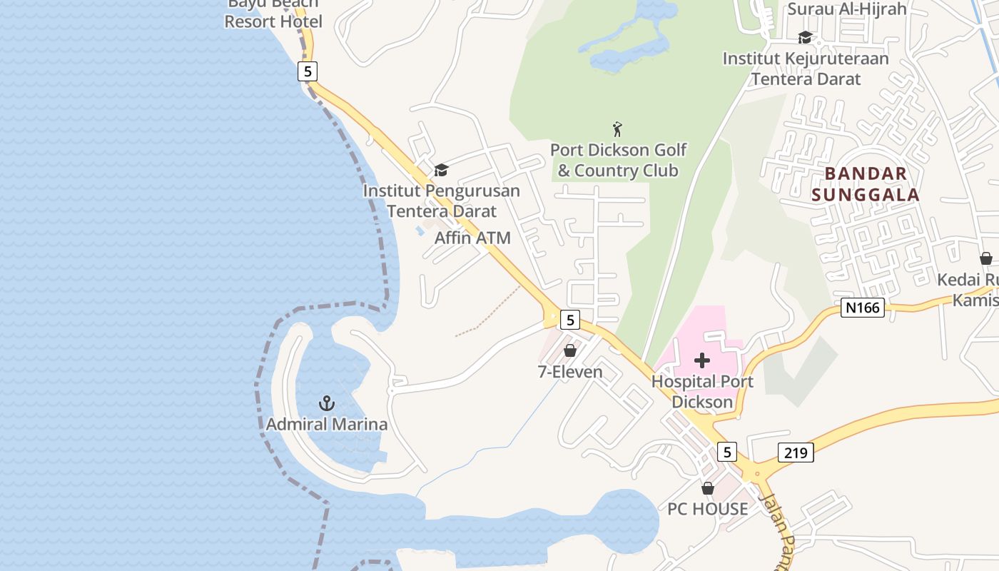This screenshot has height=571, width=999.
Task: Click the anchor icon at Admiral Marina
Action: point(326,403)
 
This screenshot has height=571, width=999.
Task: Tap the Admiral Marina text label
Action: point(327,424)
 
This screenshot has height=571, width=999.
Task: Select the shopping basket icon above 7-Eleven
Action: point(569,350)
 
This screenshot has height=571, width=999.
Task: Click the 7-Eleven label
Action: point(569,371)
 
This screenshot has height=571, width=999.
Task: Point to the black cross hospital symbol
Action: point(702,360)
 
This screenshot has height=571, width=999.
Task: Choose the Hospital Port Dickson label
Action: point(702,391)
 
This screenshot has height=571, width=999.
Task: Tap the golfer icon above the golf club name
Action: point(618,129)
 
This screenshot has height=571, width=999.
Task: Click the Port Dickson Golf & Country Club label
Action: point(618,160)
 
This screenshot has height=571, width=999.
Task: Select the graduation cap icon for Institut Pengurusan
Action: point(441,170)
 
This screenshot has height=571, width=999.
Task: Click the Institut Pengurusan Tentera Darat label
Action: point(441,201)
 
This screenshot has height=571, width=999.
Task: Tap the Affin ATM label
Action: point(472,238)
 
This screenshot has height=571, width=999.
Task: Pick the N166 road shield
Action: point(862,308)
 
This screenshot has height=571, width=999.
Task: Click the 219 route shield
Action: point(796,453)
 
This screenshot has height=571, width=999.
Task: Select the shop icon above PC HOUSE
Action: point(707,488)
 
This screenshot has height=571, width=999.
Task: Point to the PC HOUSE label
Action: point(707,509)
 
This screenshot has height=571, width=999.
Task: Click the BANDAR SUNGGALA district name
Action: point(866,183)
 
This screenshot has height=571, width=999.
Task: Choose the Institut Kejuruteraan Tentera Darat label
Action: point(806,69)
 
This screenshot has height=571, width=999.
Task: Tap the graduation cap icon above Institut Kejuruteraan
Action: point(805,37)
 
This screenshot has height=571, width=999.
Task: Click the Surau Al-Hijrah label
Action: point(846,9)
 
